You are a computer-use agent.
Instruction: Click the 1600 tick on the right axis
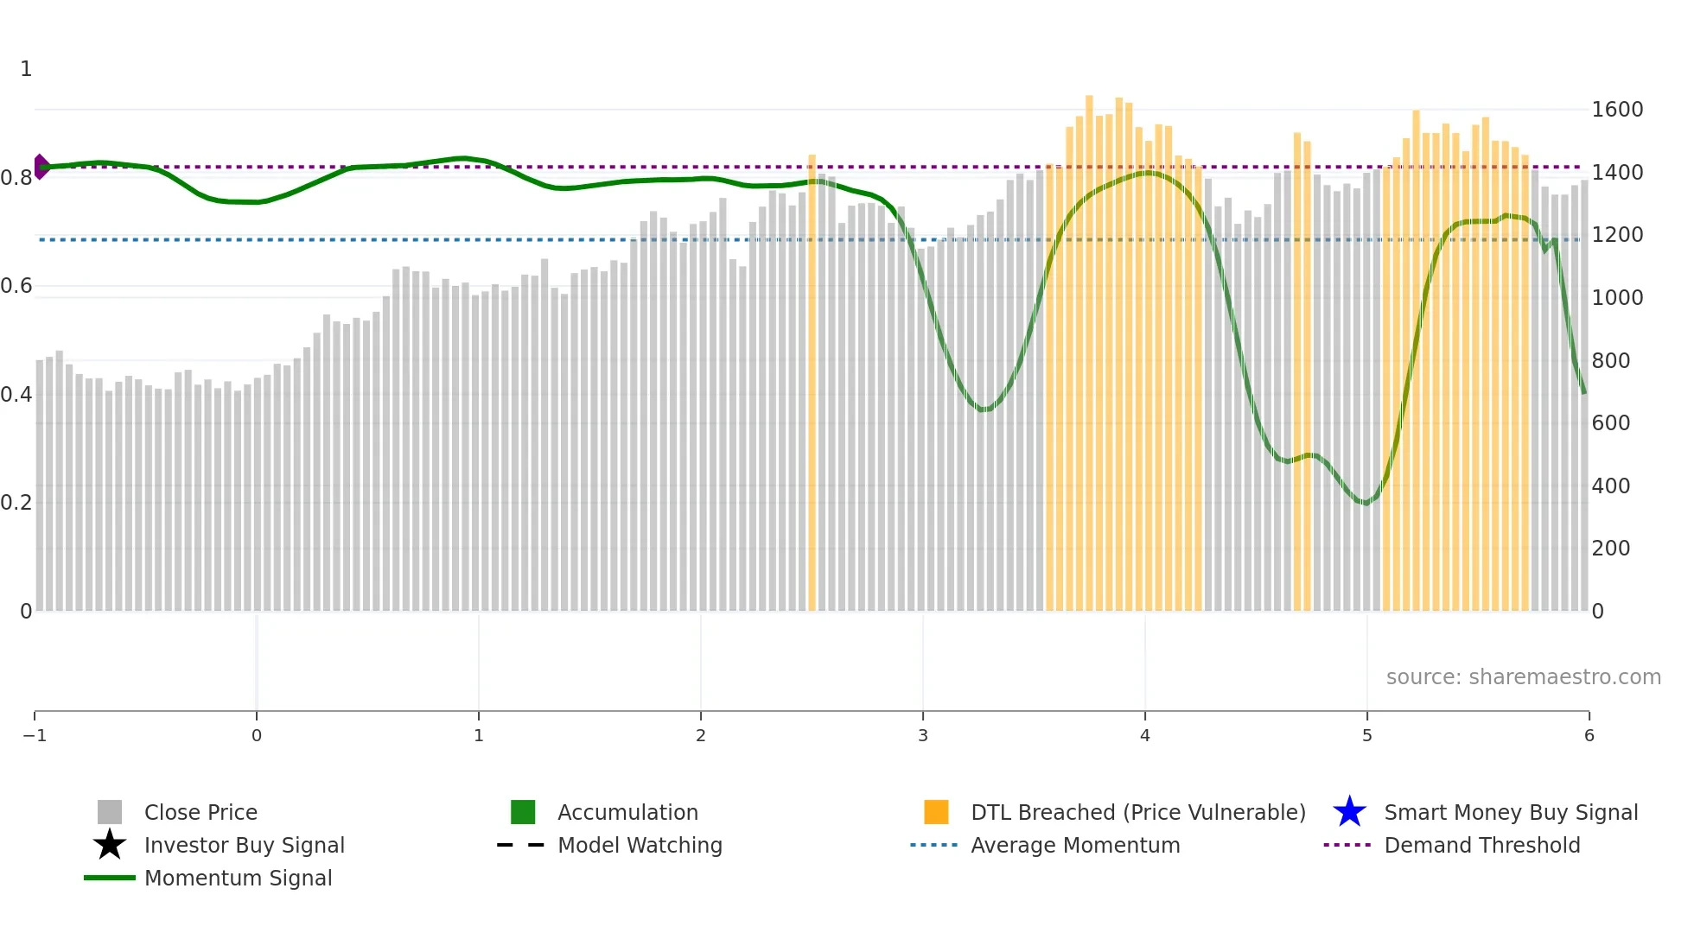(x=1616, y=110)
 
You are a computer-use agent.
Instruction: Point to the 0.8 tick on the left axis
(x=16, y=178)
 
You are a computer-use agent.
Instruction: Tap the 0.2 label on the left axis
(x=16, y=503)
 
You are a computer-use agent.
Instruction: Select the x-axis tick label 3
(x=922, y=735)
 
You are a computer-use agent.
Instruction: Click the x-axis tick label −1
(x=35, y=735)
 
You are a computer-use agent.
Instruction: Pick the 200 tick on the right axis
(x=1610, y=549)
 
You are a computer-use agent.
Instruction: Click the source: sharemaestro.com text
(x=1523, y=676)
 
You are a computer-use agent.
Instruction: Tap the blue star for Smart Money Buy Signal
(x=1349, y=812)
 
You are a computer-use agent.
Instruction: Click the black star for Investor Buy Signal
(x=110, y=845)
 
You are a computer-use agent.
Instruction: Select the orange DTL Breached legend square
(x=936, y=812)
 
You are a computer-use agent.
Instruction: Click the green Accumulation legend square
(x=523, y=812)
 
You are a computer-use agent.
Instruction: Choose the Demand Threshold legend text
(x=1481, y=845)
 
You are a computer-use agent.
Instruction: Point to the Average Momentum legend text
(x=1075, y=845)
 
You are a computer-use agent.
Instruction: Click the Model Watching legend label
(x=640, y=845)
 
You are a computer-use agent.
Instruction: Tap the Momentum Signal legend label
(x=238, y=878)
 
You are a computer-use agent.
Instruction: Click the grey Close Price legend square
(x=110, y=812)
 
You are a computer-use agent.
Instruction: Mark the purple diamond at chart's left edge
(x=41, y=167)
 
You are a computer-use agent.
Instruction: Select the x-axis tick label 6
(x=1589, y=735)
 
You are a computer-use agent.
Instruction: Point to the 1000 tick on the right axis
(x=1616, y=298)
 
